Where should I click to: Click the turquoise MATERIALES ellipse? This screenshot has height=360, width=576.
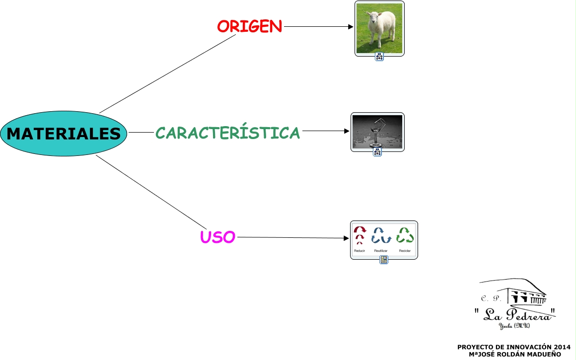coord(64,134)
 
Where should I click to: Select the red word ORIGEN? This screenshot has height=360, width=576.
coord(249,26)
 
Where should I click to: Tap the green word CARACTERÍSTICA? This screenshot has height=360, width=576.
coord(228,133)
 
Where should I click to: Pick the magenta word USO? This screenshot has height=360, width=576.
coord(217,237)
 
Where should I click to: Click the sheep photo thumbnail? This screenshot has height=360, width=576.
coord(379,28)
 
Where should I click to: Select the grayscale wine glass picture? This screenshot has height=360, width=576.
coord(377,132)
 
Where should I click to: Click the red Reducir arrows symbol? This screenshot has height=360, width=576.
coord(360,235)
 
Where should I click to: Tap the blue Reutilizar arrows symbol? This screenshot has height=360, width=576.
coord(381,235)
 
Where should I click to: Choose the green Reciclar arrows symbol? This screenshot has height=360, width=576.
coord(405,235)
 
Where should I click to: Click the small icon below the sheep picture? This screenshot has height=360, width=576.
coord(379,57)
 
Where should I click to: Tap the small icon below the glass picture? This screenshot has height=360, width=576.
coord(377,152)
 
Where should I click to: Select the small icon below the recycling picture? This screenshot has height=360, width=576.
coord(384,260)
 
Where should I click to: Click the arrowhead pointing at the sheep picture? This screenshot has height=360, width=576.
coord(351,27)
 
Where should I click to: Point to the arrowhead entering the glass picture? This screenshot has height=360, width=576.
coord(347,131)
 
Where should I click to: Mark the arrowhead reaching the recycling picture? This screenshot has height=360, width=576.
coord(346,238)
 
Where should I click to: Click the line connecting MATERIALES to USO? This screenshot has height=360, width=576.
coord(149,191)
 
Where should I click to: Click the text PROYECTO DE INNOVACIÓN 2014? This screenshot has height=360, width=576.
coord(513,347)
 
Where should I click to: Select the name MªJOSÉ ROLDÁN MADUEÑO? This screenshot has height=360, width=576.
coord(514,354)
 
